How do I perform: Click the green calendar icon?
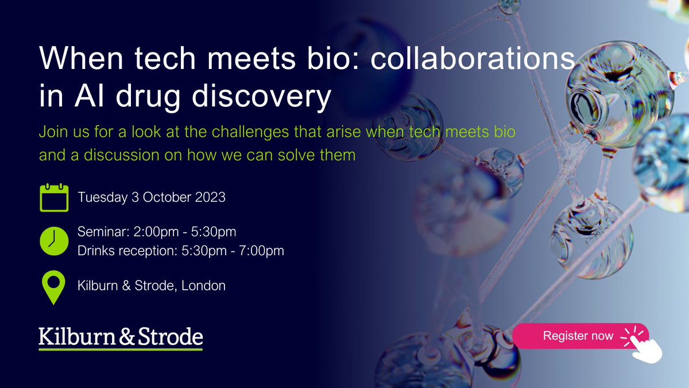coord(54,197)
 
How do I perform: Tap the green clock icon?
coord(54,241)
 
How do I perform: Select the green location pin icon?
coord(54,287)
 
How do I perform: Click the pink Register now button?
coord(579,336)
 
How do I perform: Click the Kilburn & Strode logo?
coord(121,338)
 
